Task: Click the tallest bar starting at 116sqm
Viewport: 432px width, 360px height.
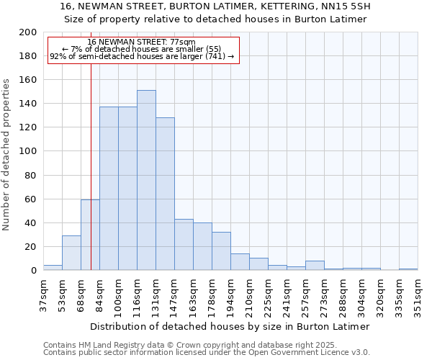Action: point(146,180)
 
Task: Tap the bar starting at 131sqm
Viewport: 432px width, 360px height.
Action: point(165,194)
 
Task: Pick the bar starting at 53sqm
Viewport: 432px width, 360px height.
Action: point(71,253)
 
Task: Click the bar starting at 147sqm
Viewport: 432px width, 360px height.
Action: point(184,244)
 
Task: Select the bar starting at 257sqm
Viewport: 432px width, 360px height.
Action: point(315,265)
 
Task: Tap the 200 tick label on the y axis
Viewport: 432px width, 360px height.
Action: point(28,32)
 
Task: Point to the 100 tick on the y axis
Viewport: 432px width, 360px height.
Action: point(28,151)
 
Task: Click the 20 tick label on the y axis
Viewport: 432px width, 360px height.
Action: point(31,246)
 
